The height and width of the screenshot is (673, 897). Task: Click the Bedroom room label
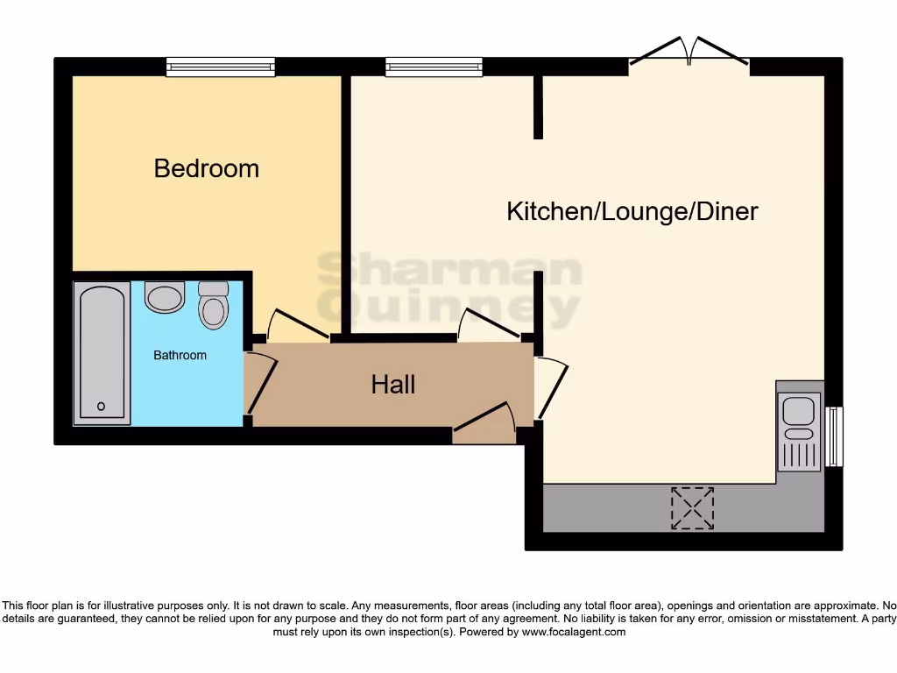coord(207,168)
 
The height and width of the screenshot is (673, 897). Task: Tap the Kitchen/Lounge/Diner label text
coord(632,211)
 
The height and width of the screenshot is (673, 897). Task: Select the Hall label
coord(393,384)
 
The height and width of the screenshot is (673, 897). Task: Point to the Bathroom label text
coord(180,355)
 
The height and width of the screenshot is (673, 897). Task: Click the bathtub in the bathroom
coord(102,352)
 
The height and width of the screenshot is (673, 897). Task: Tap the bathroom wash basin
coord(165,297)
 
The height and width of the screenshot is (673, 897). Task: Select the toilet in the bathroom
coord(213,304)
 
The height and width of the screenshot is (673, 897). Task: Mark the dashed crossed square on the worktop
coord(692,508)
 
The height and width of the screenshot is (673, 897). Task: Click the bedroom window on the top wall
coord(221,67)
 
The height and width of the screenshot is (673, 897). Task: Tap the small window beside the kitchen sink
coord(835,436)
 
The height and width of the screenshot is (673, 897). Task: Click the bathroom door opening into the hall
coord(260,382)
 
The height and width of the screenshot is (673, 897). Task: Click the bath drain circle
coord(102,406)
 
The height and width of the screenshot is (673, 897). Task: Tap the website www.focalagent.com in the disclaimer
coord(574,632)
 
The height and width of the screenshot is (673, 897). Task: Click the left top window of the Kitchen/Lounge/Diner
coord(434,67)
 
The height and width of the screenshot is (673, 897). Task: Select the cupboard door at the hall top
coord(490,323)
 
